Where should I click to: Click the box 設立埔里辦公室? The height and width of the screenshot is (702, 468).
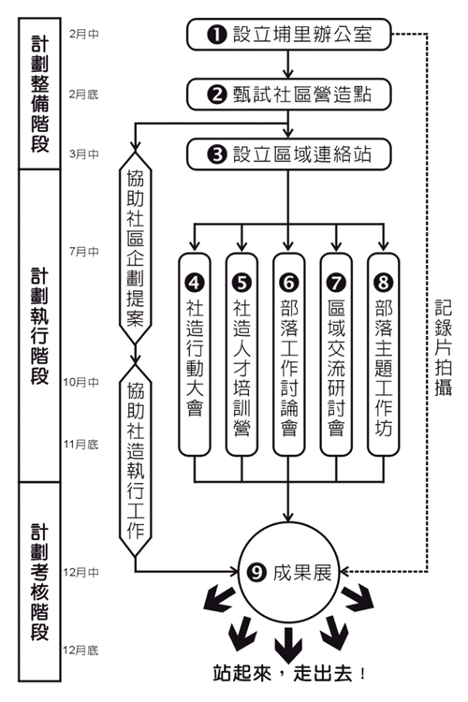pyautogui.click(x=289, y=35)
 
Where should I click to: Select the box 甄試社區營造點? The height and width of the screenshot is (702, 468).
pyautogui.click(x=289, y=95)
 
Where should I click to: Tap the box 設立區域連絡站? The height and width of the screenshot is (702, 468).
pyautogui.click(x=289, y=154)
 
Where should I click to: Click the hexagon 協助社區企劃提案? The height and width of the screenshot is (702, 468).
pyautogui.click(x=135, y=248)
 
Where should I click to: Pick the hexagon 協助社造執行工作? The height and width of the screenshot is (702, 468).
pyautogui.click(x=135, y=461)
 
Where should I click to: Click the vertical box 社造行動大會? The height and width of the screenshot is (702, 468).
pyautogui.click(x=195, y=355)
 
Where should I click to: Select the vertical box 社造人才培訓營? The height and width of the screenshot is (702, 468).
pyautogui.click(x=241, y=355)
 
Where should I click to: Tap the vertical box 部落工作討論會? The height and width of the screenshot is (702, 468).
pyautogui.click(x=289, y=355)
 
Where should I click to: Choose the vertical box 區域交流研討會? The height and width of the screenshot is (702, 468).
pyautogui.click(x=336, y=355)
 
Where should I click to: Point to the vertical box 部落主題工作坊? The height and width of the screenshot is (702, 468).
pyautogui.click(x=384, y=355)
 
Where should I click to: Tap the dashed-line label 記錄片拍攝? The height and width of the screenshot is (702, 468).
pyautogui.click(x=444, y=347)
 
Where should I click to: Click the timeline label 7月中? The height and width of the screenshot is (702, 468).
pyautogui.click(x=84, y=252)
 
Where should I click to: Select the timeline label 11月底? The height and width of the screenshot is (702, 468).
pyautogui.click(x=81, y=445)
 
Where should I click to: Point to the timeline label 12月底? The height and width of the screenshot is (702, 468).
pyautogui.click(x=81, y=651)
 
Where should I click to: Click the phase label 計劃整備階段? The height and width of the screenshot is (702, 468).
pyautogui.click(x=39, y=94)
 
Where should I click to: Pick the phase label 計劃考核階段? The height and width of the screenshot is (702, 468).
pyautogui.click(x=39, y=582)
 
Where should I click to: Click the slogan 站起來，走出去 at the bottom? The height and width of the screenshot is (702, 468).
pyautogui.click(x=290, y=674)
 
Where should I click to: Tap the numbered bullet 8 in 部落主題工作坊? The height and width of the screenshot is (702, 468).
pyautogui.click(x=384, y=283)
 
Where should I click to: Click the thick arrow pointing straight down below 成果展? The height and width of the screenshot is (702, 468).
pyautogui.click(x=288, y=645)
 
